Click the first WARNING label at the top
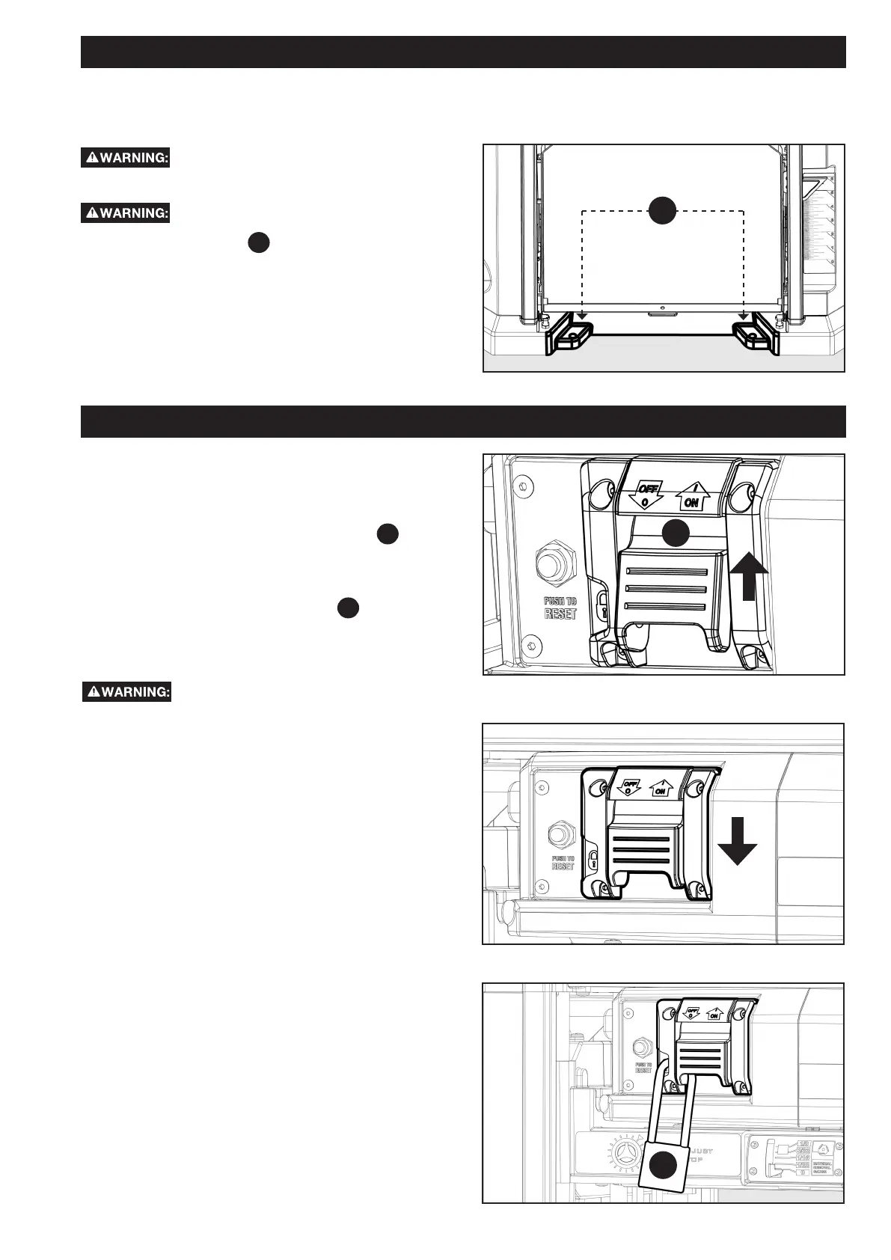coord(126,158)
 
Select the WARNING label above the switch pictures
coord(126,213)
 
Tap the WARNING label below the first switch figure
coord(126,692)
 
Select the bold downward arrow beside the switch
coord(738,840)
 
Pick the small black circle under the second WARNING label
coord(258,243)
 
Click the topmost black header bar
coord(463,52)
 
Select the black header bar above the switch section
coord(463,421)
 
